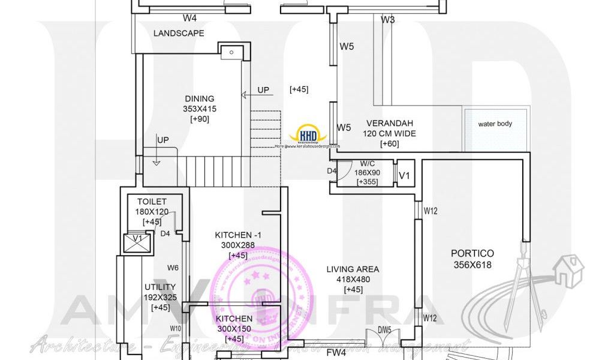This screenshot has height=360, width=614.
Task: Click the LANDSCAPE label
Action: pyautogui.click(x=179, y=34)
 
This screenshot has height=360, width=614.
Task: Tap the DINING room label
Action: pyautogui.click(x=200, y=99)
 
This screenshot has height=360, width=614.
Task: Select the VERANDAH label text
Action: pyautogui.click(x=390, y=123)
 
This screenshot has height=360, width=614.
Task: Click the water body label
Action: pyautogui.click(x=495, y=124)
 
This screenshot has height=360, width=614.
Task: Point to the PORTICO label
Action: pyautogui.click(x=472, y=254)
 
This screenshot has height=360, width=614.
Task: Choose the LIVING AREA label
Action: pyautogui.click(x=353, y=269)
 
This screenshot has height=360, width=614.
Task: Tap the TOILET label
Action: pyautogui.click(x=152, y=202)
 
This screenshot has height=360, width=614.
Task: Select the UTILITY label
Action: pyautogui.click(x=160, y=287)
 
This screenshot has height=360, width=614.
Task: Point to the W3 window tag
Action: pyautogui.click(x=387, y=20)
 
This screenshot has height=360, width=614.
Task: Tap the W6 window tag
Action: pyautogui.click(x=173, y=268)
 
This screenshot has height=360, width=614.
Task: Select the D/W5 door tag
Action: pyautogui.click(x=384, y=329)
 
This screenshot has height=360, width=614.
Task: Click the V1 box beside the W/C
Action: pyautogui.click(x=405, y=175)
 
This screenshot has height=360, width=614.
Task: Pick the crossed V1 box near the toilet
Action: pyautogui.click(x=137, y=242)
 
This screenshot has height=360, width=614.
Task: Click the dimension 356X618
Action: pyautogui.click(x=472, y=265)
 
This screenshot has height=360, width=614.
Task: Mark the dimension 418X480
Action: pyautogui.click(x=353, y=280)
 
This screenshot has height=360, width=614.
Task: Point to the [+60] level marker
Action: pyautogui.click(x=390, y=144)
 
